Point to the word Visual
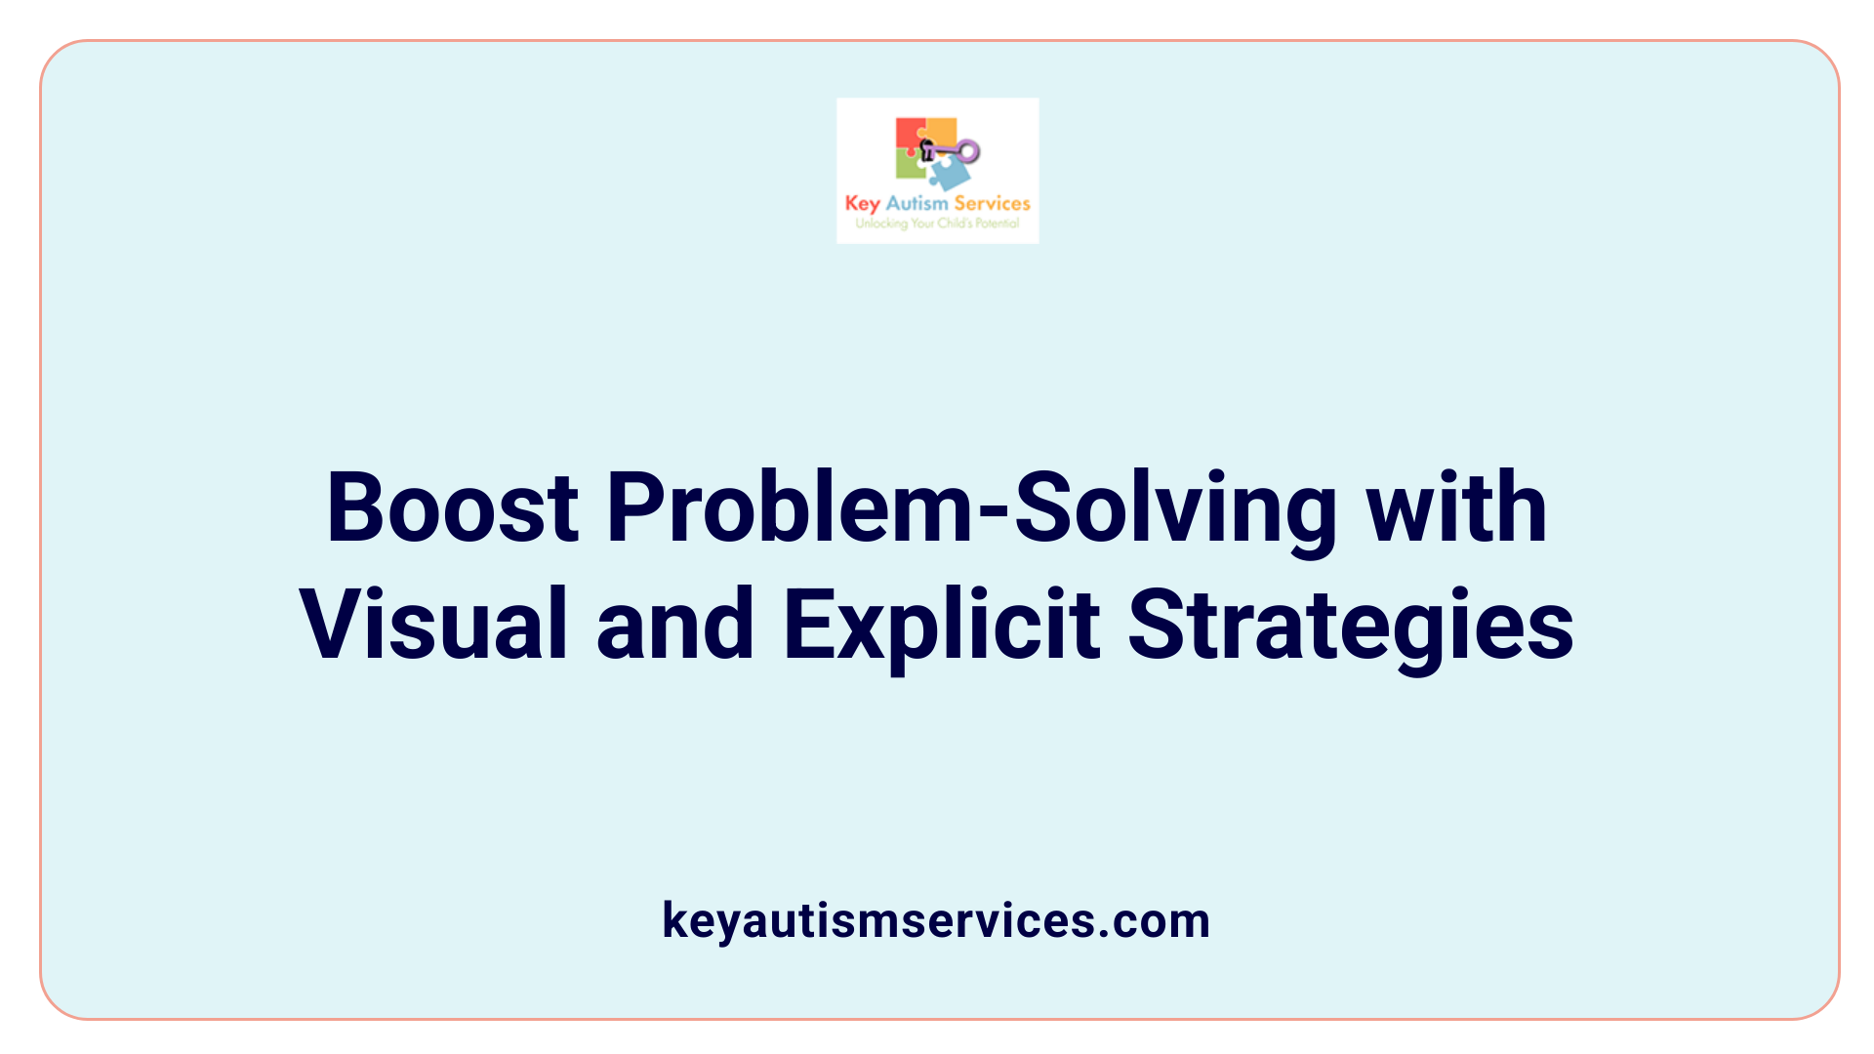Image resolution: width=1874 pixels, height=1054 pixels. pos(433,625)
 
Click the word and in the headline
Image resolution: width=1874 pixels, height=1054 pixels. pos(674,625)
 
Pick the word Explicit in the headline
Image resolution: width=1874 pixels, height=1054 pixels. pos(942,625)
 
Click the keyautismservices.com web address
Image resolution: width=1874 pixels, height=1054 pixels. pos(936,920)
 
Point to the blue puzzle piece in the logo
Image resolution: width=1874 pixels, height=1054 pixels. pos(950,174)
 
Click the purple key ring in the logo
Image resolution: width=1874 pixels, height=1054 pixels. pos(967,151)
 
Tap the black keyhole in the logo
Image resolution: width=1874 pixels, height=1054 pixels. pos(927,149)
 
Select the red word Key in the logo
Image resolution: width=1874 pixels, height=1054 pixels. pos(862,204)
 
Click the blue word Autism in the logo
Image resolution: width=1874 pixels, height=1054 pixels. pos(917,203)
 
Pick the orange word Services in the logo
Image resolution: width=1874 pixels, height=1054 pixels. pos(992,203)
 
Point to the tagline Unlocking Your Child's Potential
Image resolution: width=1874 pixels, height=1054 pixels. pos(937,223)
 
